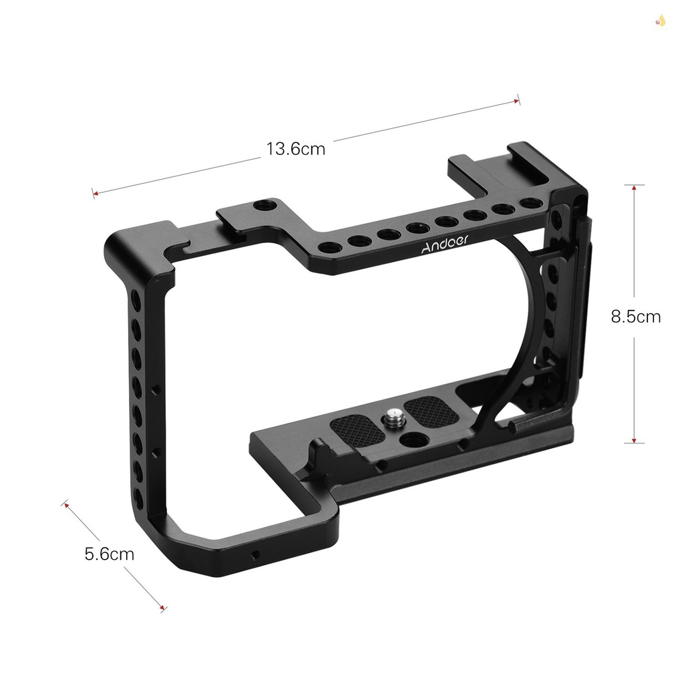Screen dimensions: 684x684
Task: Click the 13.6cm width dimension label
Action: pos(296,148)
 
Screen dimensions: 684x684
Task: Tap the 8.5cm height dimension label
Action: pos(635,316)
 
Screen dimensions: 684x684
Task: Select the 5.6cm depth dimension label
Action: pos(109,554)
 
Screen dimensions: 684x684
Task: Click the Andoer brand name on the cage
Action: pos(445,246)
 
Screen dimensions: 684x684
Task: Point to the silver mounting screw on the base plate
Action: pos(391,420)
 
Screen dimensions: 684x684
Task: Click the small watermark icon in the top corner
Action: pos(661,21)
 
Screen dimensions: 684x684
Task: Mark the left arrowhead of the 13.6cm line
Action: pos(95,194)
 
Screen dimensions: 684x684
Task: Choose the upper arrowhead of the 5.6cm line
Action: pos(66,504)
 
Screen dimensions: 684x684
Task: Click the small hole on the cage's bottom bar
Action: pos(255,554)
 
